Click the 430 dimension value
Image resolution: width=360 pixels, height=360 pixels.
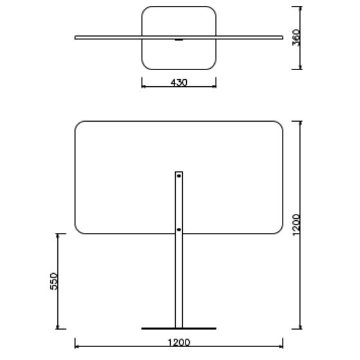click(x=178, y=83)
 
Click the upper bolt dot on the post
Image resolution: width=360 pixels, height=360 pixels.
click(x=179, y=175)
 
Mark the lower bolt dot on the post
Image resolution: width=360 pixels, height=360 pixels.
click(x=179, y=228)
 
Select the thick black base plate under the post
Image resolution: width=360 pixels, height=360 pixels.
click(x=179, y=328)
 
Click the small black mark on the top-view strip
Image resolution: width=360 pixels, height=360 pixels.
click(x=179, y=40)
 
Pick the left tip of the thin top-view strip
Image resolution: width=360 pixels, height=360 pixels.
click(x=75, y=37)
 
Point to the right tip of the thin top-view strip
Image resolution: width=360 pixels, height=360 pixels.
click(x=283, y=37)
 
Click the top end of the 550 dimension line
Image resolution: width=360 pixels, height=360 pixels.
click(x=58, y=234)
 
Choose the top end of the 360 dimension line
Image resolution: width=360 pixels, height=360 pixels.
click(x=301, y=7)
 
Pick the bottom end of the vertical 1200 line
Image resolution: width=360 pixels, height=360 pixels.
click(x=301, y=328)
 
